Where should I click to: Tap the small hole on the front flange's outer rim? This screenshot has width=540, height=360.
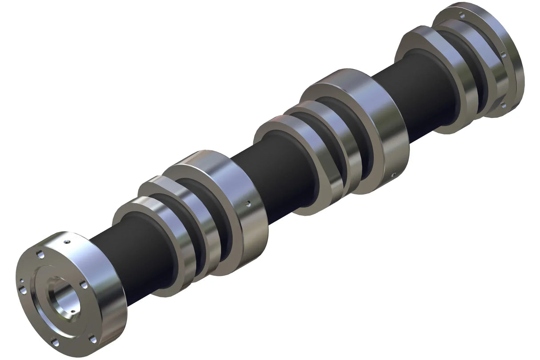(66, 243)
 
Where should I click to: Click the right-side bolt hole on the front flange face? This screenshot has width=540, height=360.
(82, 283)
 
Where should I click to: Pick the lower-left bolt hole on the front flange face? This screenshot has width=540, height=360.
(54, 342)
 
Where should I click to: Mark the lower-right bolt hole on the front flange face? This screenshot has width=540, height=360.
(92, 339)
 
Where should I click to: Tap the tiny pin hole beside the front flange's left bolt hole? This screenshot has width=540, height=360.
(20, 281)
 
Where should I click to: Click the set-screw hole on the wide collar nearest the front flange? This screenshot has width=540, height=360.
(248, 205)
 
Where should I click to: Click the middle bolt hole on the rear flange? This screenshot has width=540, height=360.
(503, 55)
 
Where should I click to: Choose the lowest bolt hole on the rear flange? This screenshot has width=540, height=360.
(503, 105)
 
